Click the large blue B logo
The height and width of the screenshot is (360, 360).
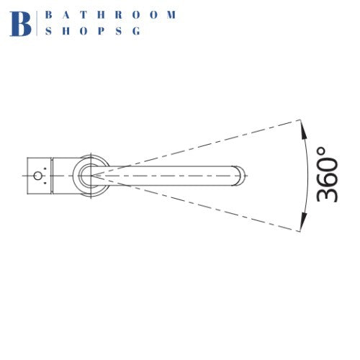tap(20, 24)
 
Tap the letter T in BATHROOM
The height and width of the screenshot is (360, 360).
tap(84, 15)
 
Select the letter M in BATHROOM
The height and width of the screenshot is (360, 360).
tap(171, 15)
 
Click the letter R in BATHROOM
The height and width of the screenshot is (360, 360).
tap(119, 15)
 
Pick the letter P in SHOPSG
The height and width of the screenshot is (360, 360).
tap(101, 31)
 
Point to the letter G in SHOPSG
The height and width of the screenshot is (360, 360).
tap(136, 31)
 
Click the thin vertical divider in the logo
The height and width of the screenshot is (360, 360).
tap(37, 24)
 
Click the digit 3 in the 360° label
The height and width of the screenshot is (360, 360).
tap(327, 192)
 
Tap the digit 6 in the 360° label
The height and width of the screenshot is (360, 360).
tap(327, 174)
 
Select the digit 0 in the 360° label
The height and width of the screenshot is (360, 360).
tap(327, 156)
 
